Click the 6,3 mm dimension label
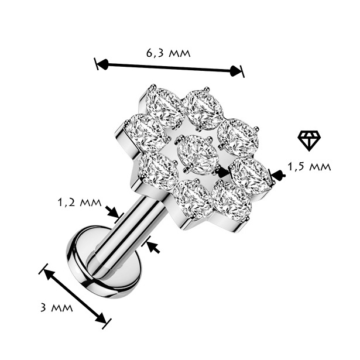pos(168,53)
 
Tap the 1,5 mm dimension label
pos(309,167)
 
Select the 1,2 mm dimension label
pos(80,203)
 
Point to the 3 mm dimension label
pos(56,307)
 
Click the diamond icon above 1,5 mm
pos(309,140)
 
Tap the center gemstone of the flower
pos(197,155)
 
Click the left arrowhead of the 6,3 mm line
pos(103,64)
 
